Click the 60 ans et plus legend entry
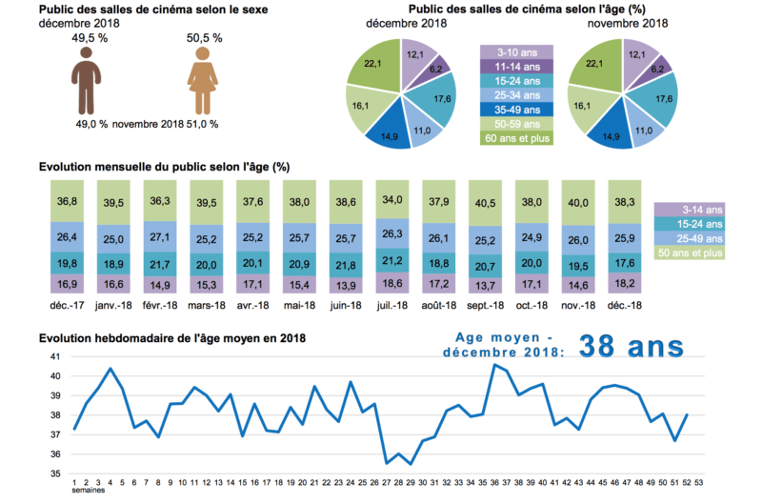pos(517,138)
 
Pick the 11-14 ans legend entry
pos(517,67)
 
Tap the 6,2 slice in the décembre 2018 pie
pos(434,68)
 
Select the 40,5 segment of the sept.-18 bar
pos(489,202)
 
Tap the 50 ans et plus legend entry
pos(690,252)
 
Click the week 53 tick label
pos(699,483)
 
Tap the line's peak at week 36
pos(493,365)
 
